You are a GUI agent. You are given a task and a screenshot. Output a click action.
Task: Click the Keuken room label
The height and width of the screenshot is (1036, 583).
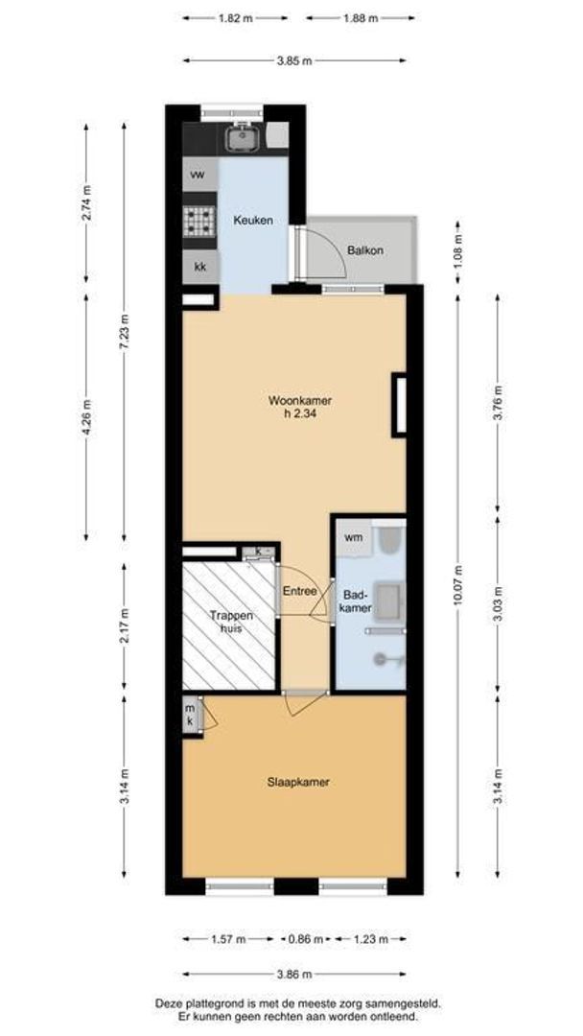(253, 221)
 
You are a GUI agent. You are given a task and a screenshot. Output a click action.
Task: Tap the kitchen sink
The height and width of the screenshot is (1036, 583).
(242, 139)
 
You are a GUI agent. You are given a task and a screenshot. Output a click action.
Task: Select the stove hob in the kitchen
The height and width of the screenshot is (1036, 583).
(200, 222)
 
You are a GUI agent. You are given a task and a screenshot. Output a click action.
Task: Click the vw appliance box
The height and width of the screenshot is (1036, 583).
(199, 175)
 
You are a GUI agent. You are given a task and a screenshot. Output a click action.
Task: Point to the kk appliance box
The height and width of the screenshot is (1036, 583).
(200, 267)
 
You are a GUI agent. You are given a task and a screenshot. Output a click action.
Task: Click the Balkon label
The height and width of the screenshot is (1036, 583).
(364, 250)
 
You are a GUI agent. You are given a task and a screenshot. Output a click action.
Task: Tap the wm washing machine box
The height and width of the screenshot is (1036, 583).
(353, 537)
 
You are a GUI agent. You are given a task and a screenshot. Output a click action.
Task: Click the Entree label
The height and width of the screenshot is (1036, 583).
(299, 591)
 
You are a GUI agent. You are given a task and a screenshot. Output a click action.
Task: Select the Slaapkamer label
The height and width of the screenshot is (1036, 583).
(298, 782)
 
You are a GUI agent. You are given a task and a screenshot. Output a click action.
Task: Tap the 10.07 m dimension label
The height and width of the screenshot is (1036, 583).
(458, 596)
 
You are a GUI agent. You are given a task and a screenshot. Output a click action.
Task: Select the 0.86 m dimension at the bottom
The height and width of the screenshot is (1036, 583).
(307, 939)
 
